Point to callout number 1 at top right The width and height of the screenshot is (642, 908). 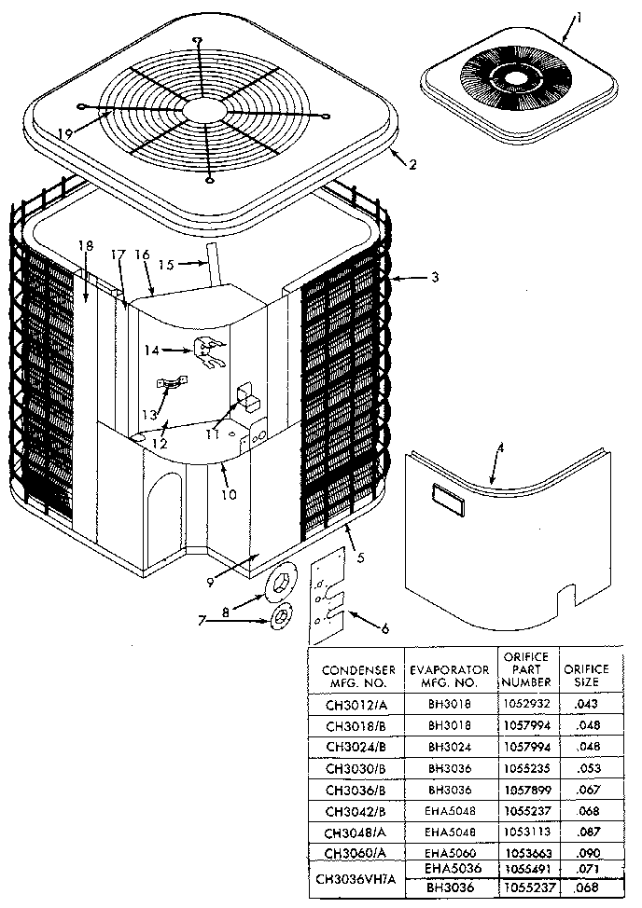click(x=578, y=16)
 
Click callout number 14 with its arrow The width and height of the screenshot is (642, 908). click(x=151, y=350)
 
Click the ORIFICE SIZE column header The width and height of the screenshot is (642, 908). click(x=585, y=675)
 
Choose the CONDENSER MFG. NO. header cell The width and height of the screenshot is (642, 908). click(x=353, y=676)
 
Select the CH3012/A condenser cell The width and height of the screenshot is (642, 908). click(x=353, y=705)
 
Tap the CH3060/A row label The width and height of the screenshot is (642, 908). click(x=353, y=852)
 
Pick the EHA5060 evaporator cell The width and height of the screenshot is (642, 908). click(x=447, y=851)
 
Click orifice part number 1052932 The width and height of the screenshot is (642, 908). click(x=524, y=705)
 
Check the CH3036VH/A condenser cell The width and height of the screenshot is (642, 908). click(x=353, y=879)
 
